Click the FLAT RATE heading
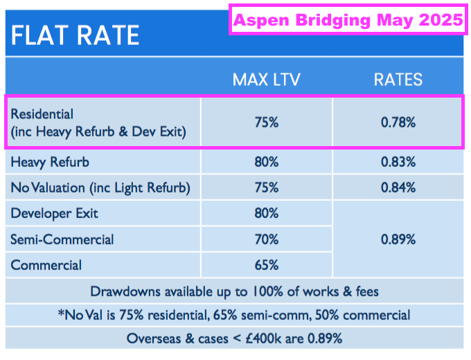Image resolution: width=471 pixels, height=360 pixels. pos(75,35)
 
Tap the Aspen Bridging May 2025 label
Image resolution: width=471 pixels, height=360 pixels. pos(348,20)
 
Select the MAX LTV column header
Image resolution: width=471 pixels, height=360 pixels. pos(267,79)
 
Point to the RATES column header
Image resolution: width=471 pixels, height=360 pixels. pos(398,79)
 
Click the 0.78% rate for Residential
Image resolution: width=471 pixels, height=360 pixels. pos(398,123)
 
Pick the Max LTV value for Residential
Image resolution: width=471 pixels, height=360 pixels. pos(267,123)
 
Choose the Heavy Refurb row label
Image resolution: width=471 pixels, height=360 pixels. pos(50,163)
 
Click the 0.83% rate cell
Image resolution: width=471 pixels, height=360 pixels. pos(398,162)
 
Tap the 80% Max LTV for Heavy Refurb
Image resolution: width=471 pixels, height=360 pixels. pos(267,162)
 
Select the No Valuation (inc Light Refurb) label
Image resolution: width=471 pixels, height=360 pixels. pos(100,188)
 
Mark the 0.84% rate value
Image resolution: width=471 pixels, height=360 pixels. pos(398,188)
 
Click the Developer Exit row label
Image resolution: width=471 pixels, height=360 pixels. pos(54,213)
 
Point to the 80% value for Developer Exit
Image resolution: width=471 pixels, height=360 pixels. pos(267,213)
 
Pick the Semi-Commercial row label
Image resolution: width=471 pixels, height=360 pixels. pos(62,240)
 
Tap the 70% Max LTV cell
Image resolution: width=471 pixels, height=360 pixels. pos(267,240)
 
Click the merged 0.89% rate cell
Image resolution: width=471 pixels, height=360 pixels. pos(398,240)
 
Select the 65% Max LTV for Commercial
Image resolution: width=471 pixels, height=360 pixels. pos(267,265)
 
